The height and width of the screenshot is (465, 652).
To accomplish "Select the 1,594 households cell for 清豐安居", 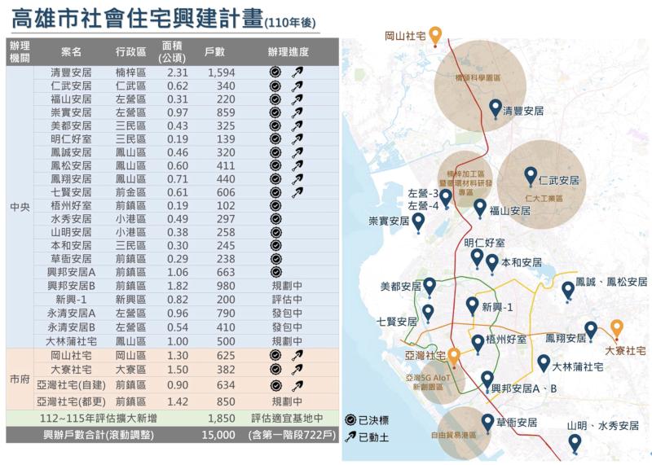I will (222, 73).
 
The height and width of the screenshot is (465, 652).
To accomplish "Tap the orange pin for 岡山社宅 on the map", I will (436, 35).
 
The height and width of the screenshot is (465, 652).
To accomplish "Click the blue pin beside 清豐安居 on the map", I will (495, 107).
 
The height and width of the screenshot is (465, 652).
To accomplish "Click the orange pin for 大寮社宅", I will (617, 328).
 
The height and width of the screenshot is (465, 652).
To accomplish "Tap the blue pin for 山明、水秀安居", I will (575, 442).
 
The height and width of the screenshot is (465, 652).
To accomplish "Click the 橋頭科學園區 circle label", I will (478, 79).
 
